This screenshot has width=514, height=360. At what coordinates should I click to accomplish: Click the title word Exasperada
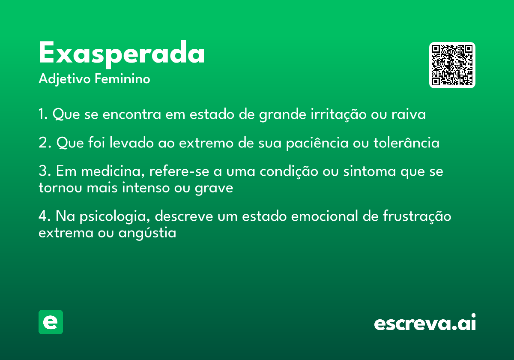[121, 54]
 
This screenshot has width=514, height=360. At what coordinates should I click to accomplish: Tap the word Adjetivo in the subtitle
[65, 79]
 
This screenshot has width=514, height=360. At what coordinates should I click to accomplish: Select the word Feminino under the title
[123, 78]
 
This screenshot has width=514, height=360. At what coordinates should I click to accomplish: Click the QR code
[452, 65]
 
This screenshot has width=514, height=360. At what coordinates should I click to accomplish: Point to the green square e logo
[51, 322]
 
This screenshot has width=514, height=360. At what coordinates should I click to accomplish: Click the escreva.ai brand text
[425, 322]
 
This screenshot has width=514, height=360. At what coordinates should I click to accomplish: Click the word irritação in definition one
[338, 114]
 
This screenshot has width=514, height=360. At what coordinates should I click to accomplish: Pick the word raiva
[409, 114]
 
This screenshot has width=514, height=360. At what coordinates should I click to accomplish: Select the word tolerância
[406, 143]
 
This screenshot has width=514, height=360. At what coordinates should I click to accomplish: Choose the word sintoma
[369, 171]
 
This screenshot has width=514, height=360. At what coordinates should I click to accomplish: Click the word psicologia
[115, 217]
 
